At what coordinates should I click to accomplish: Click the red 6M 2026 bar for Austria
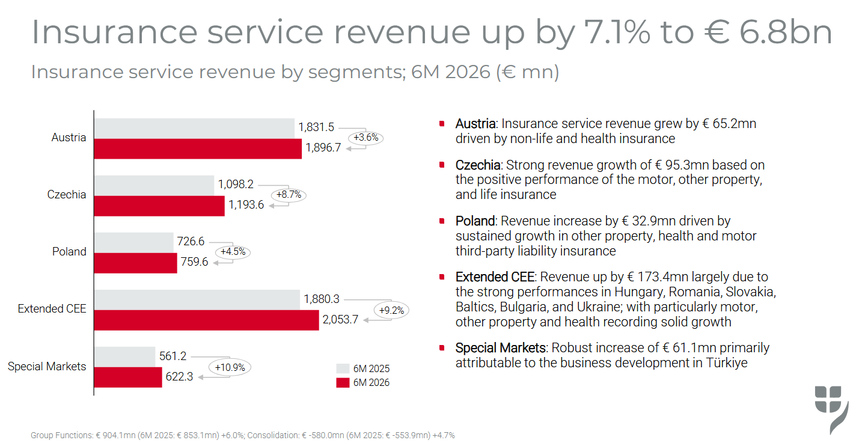tap(198, 149)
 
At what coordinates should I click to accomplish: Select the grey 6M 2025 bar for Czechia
tap(154, 186)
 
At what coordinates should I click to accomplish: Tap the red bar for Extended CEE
tap(207, 320)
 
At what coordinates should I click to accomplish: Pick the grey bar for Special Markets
tap(124, 357)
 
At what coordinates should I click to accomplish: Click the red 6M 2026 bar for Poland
tap(136, 263)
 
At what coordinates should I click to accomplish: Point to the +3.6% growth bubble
tap(366, 138)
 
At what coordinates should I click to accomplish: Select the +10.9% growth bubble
tap(230, 367)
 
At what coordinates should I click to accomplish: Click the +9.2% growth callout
tap(391, 310)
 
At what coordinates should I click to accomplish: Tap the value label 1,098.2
tap(236, 185)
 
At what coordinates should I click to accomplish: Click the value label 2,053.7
tap(340, 319)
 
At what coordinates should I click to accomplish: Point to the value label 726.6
tap(191, 241)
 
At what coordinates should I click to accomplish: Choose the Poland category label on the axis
tap(69, 252)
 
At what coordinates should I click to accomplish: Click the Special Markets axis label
tap(47, 366)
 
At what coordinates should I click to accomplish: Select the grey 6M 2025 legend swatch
tap(343, 368)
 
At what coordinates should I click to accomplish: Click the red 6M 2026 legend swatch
tap(343, 383)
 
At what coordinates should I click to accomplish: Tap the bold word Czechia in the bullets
tap(478, 165)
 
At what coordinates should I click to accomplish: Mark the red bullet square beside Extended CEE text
tap(442, 277)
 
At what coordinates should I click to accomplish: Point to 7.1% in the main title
tap(617, 32)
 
